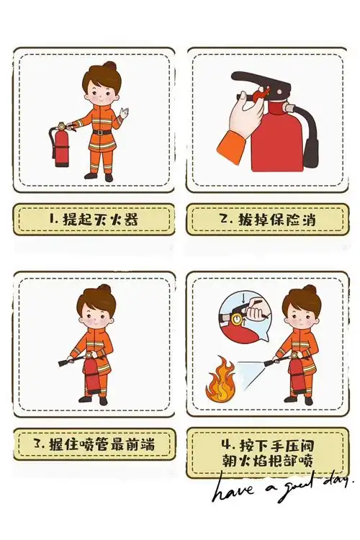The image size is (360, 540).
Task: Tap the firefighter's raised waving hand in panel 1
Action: [x=125, y=113]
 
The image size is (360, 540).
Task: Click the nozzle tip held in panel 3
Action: [x=63, y=363]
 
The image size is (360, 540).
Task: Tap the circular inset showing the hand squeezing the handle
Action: [x=242, y=318]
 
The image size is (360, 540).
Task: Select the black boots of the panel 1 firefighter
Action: [x=98, y=175]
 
